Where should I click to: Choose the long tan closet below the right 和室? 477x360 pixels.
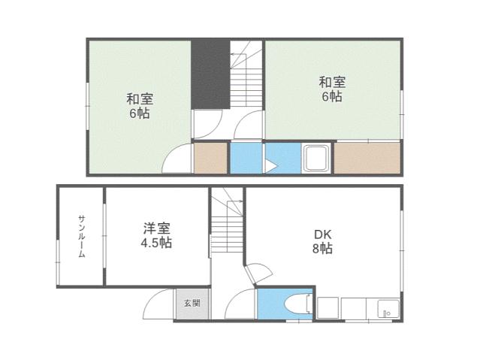pos(367,159)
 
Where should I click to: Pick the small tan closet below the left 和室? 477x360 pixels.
pos(210,159)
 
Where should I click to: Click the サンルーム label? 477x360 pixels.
pos(81,236)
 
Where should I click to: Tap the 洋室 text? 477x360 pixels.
pos(155,228)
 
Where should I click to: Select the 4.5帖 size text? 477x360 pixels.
pos(155,244)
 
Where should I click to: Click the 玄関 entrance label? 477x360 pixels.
pos(192,304)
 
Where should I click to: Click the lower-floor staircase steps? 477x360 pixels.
pos(225,225)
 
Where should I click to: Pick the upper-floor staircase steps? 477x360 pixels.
pos(246,79)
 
